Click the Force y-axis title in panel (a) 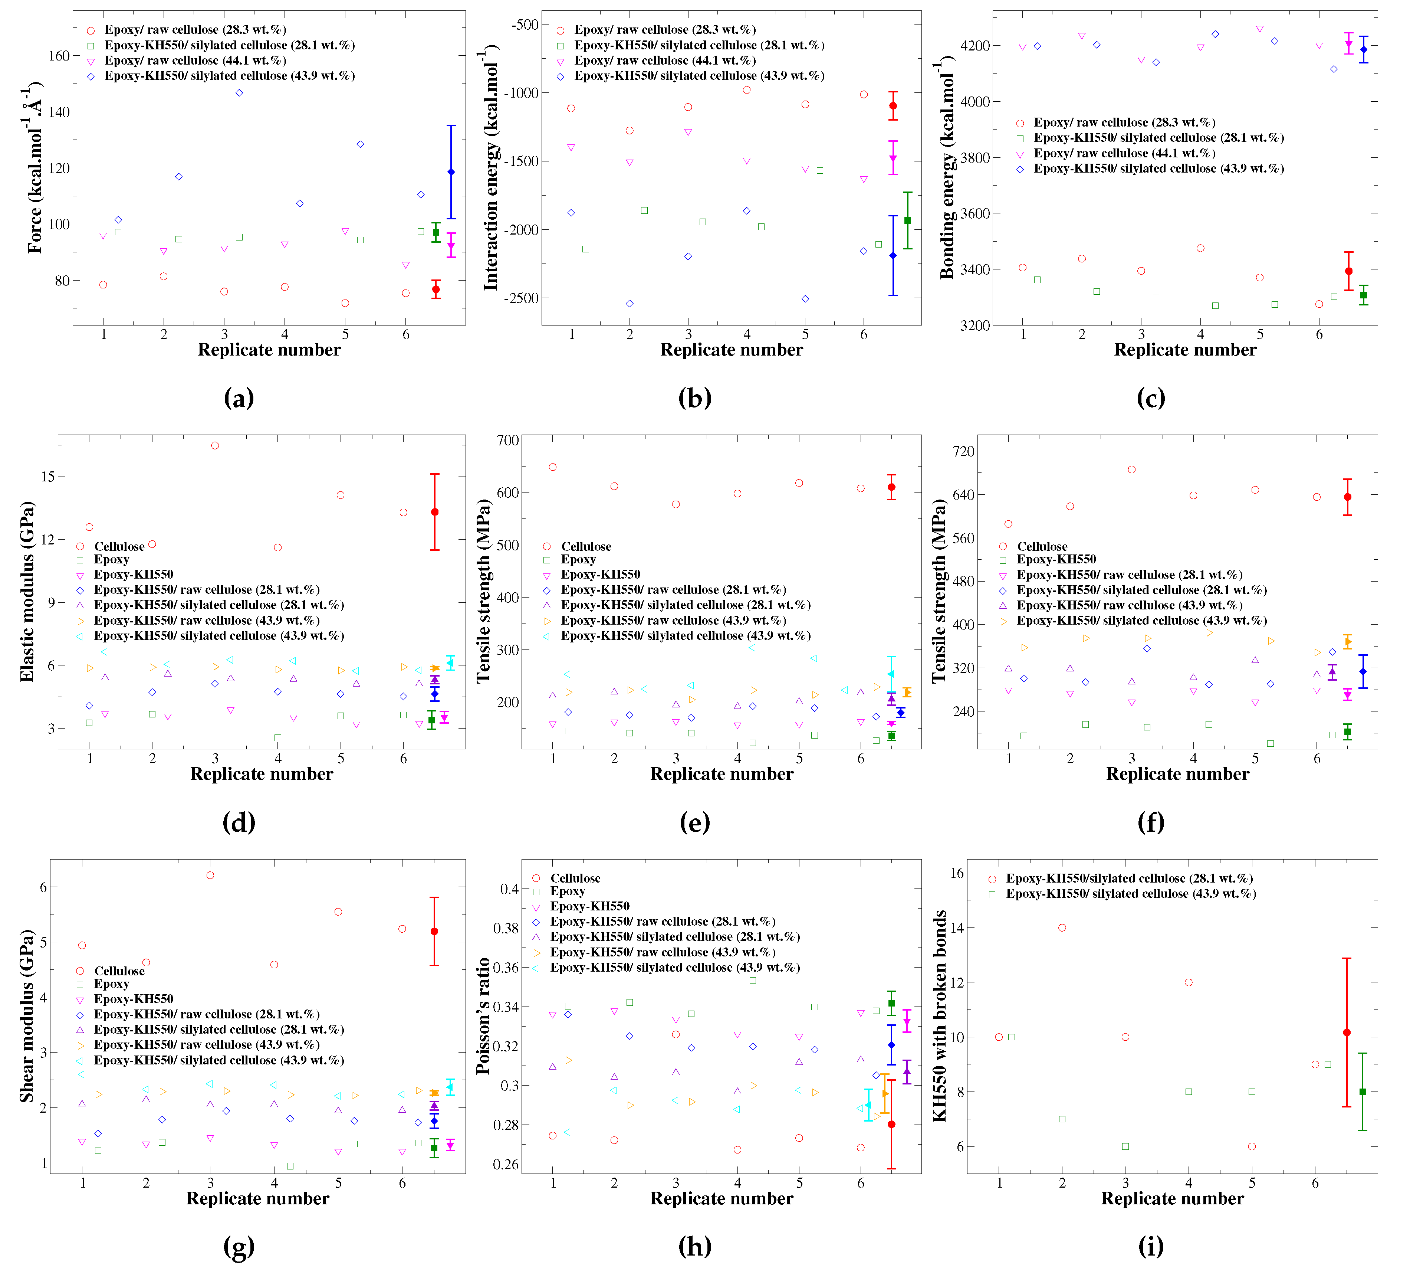[33, 168]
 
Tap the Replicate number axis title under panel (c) [1185, 350]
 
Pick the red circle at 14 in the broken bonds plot [1062, 927]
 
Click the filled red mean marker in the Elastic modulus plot [435, 512]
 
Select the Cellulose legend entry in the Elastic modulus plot [119, 546]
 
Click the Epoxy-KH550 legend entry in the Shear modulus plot [134, 999]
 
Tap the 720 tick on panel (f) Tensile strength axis [963, 452]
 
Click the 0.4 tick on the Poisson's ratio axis [509, 889]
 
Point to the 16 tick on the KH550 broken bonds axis [956, 873]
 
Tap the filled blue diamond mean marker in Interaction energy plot [893, 255]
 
